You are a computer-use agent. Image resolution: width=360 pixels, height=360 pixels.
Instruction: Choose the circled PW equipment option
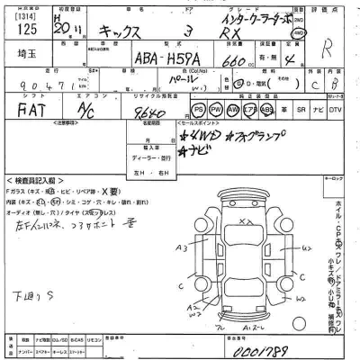217,110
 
